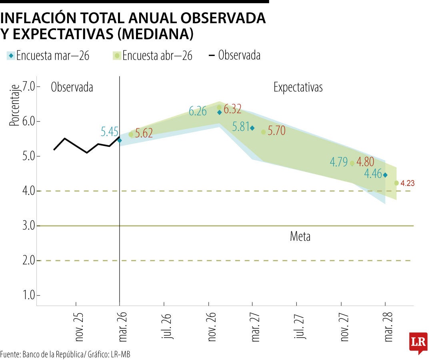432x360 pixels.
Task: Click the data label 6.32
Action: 232,109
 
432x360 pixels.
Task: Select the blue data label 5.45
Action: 110,132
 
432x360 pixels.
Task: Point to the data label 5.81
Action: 241,127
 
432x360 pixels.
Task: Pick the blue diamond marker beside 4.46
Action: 385,175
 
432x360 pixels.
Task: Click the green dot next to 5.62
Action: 131,134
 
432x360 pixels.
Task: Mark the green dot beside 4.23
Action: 396,183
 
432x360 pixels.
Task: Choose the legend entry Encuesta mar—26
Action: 48,56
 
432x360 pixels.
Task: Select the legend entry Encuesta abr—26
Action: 153,56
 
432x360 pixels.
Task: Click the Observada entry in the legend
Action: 235,55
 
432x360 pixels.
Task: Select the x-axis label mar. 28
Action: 388,327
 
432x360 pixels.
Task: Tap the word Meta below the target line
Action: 300,236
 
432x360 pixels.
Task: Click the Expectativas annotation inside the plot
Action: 298,88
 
